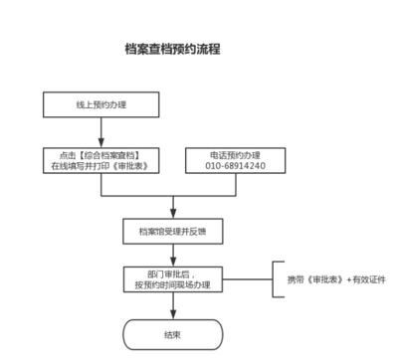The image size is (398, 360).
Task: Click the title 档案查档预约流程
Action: (x=172, y=49)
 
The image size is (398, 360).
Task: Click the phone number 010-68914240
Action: (x=236, y=167)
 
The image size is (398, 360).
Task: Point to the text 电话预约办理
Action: (x=236, y=155)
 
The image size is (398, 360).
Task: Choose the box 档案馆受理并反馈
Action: (x=172, y=232)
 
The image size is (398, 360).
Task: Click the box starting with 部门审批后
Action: (x=172, y=279)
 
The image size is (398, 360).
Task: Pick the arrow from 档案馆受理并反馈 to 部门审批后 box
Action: (x=172, y=255)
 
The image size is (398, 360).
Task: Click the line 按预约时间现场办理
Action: (x=172, y=285)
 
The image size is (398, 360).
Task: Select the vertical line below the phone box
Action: (x=236, y=187)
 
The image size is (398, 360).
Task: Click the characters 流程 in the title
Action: (x=208, y=49)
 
